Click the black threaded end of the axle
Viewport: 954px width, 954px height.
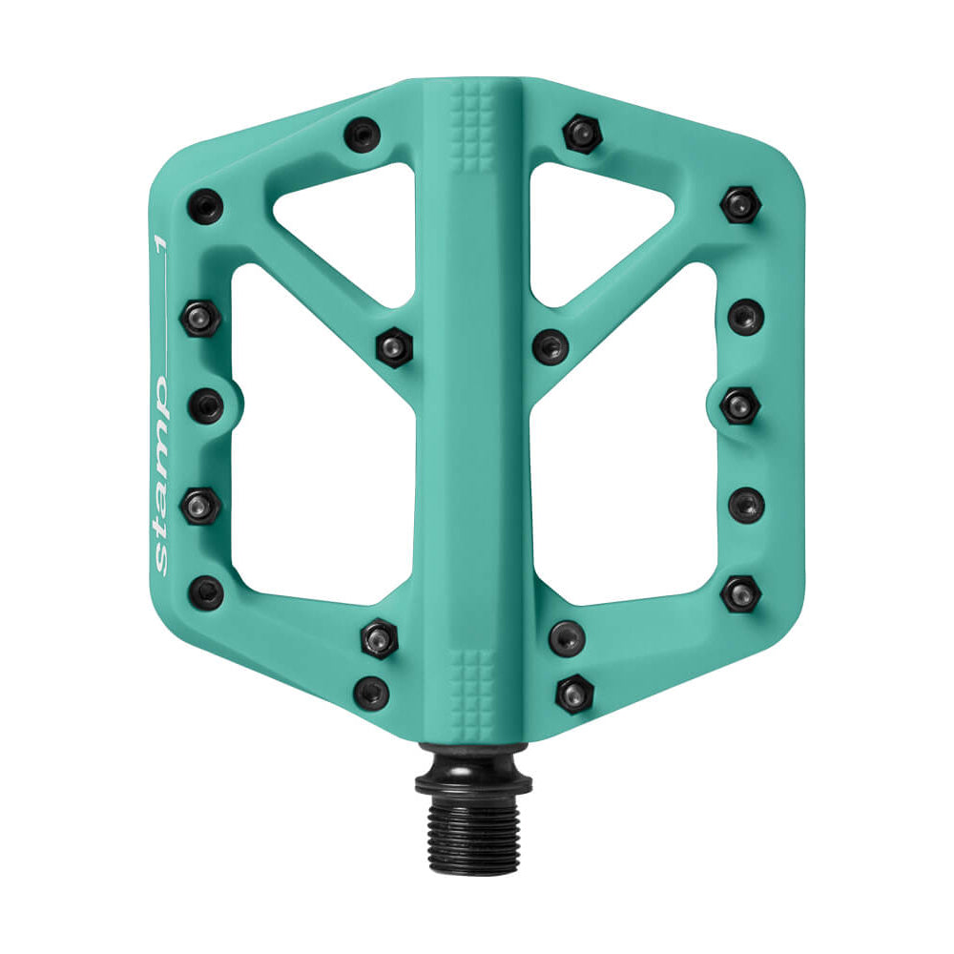[473, 825]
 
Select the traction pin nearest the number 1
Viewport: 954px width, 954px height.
[204, 204]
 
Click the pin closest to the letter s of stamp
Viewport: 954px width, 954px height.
[205, 591]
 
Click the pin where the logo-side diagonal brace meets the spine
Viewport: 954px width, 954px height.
[393, 345]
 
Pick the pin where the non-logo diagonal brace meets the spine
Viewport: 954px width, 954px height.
[550, 345]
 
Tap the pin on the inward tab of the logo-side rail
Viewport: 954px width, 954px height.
[206, 406]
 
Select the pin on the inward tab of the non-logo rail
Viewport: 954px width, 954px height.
[740, 405]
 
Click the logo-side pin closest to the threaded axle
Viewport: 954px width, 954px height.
[371, 692]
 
